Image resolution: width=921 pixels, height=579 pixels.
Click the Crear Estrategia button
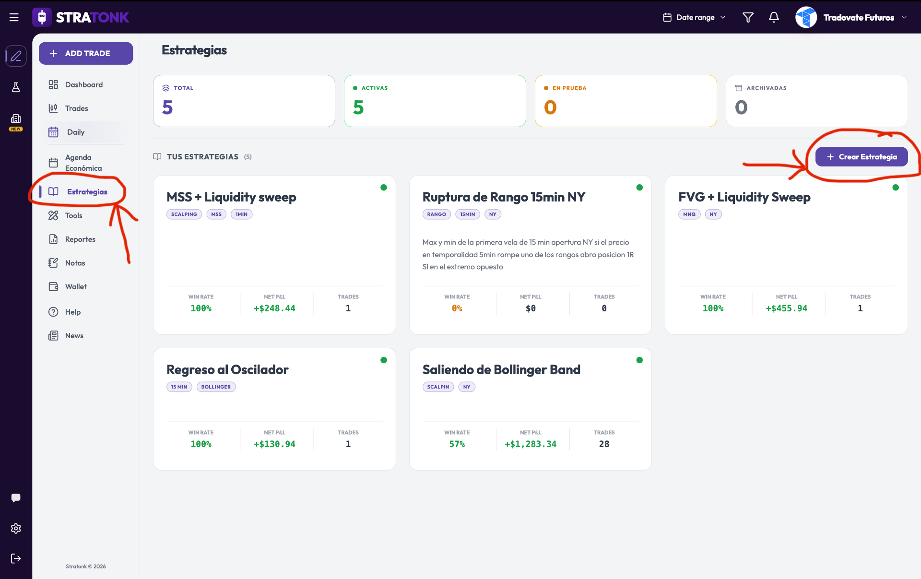click(862, 157)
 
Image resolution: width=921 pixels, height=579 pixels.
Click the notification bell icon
click(774, 17)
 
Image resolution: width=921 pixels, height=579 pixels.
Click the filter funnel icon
click(748, 17)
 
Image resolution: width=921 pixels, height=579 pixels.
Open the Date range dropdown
click(694, 17)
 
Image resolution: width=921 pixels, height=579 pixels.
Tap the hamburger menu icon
click(14, 17)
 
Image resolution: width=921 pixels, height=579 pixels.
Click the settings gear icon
click(16, 528)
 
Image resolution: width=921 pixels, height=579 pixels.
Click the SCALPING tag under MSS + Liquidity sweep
click(184, 214)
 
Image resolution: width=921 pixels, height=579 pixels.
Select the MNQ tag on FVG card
click(689, 214)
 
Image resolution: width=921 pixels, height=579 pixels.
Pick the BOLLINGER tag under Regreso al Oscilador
click(216, 387)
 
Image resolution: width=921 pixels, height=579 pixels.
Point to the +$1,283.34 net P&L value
click(531, 444)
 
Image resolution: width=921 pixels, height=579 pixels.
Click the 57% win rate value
click(457, 444)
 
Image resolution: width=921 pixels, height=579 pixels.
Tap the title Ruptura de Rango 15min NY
click(504, 197)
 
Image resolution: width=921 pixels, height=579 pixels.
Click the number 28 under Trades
click(604, 444)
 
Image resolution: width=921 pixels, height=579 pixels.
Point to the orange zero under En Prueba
click(550, 107)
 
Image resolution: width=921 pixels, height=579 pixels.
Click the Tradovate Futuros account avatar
click(806, 17)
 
